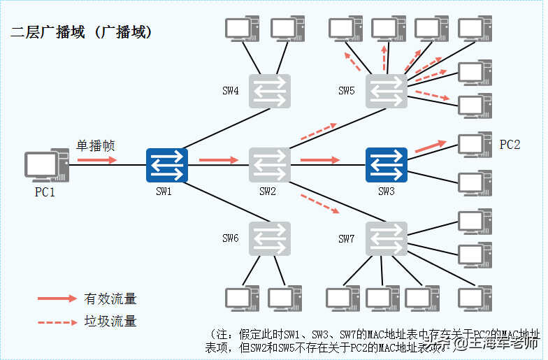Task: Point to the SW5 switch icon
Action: pos(386,91)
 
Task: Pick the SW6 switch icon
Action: pos(270,238)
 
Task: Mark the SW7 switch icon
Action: pos(386,238)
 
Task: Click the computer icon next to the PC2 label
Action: pos(474,145)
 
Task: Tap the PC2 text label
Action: pos(510,145)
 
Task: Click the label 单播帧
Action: pos(95,146)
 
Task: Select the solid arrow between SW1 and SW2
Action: pos(219,160)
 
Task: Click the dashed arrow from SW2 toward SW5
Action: pos(319,131)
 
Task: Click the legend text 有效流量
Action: pos(110,298)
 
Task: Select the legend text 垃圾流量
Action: pos(110,322)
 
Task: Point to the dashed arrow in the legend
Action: pos(57,322)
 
